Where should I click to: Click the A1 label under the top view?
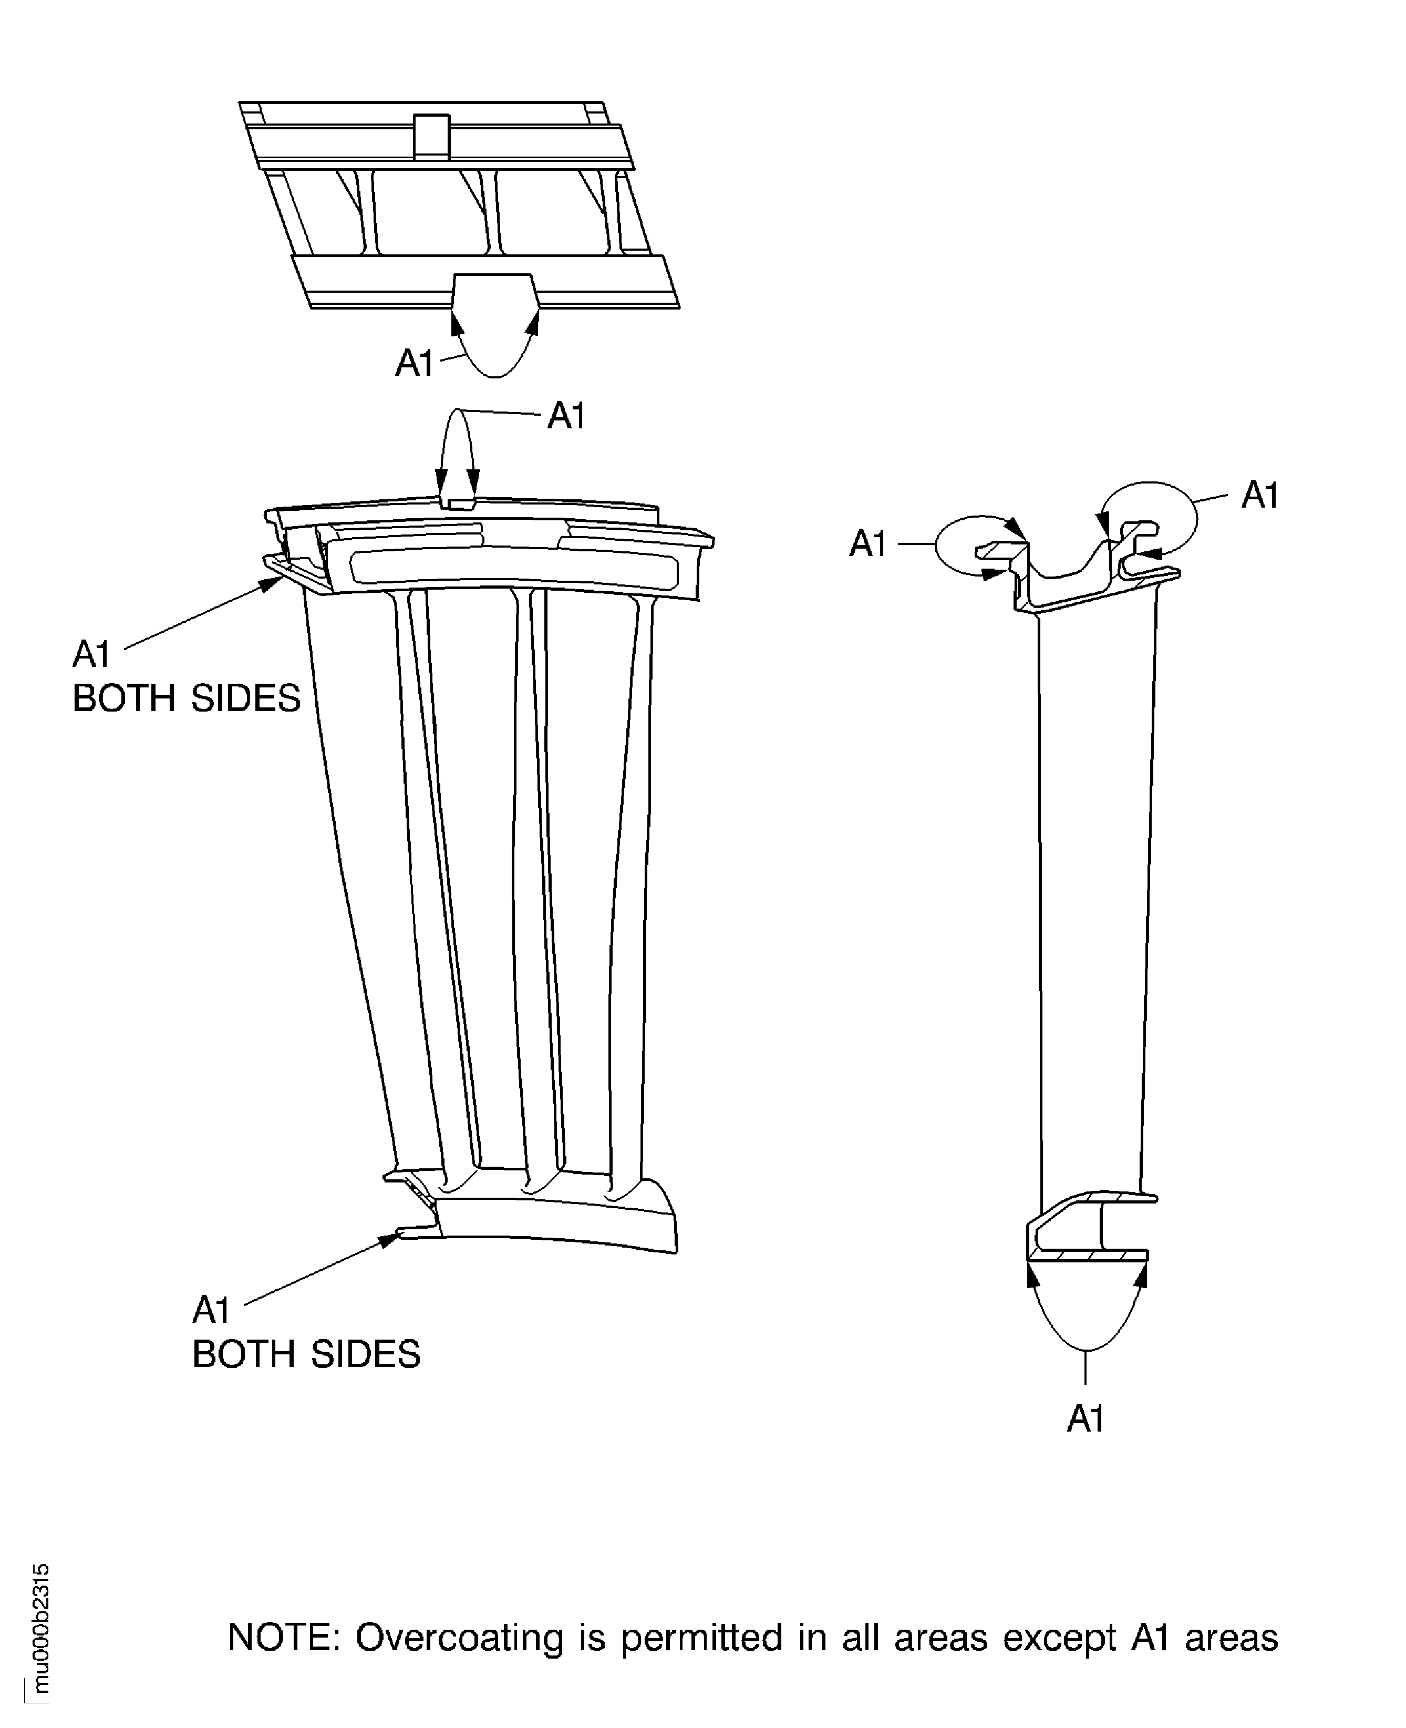pos(414,364)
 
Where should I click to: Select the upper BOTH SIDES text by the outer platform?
pos(187,698)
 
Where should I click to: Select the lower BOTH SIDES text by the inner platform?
pos(306,1354)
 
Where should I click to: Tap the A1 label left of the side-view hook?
pos(867,543)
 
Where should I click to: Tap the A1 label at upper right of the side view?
pos(1259,495)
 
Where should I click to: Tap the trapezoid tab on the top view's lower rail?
pos(494,290)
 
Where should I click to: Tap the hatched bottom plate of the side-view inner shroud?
pos(1088,1256)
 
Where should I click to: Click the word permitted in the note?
pos(701,1638)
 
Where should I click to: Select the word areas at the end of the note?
pos(1231,1638)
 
